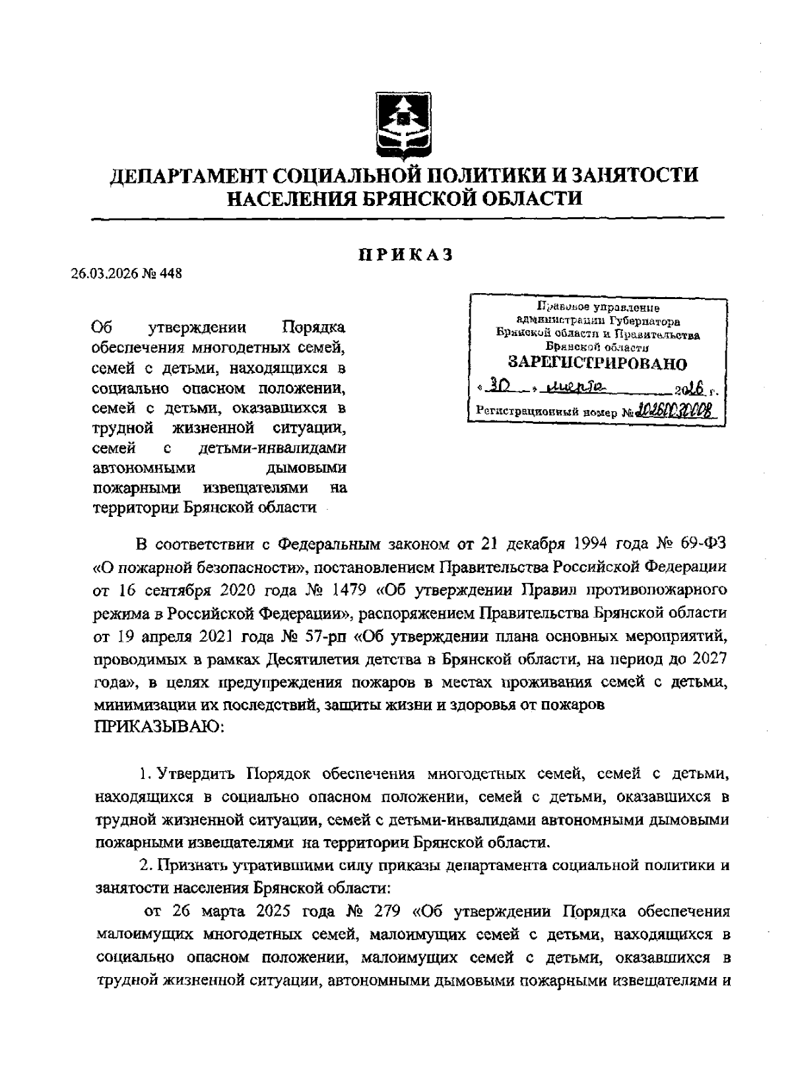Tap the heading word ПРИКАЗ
(x=405, y=255)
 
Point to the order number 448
(x=171, y=273)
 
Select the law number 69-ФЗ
(x=705, y=543)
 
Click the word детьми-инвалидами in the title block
(x=272, y=450)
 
